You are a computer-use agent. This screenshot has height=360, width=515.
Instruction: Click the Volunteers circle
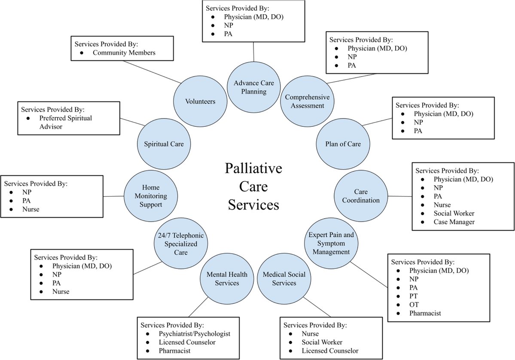tap(200, 102)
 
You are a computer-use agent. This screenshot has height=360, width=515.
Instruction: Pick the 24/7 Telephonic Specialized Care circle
tap(181, 244)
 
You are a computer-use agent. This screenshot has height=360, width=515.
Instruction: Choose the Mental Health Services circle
tap(227, 278)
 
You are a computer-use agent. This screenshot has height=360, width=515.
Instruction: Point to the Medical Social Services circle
tap(279, 278)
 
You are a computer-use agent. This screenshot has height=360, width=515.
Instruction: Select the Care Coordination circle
tap(361, 196)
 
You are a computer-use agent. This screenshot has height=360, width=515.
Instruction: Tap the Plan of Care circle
tap(343, 144)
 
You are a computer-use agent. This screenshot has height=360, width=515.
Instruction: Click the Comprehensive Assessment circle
tap(307, 101)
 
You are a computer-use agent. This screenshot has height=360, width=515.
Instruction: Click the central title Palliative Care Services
tap(253, 186)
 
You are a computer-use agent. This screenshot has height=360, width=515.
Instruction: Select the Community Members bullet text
tap(124, 53)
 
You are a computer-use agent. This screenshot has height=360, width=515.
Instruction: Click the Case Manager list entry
tap(454, 222)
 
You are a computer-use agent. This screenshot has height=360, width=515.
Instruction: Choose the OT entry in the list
tap(414, 305)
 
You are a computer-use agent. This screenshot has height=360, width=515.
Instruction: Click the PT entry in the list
tap(414, 296)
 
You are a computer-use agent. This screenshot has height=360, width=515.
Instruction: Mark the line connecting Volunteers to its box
tap(150, 70)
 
